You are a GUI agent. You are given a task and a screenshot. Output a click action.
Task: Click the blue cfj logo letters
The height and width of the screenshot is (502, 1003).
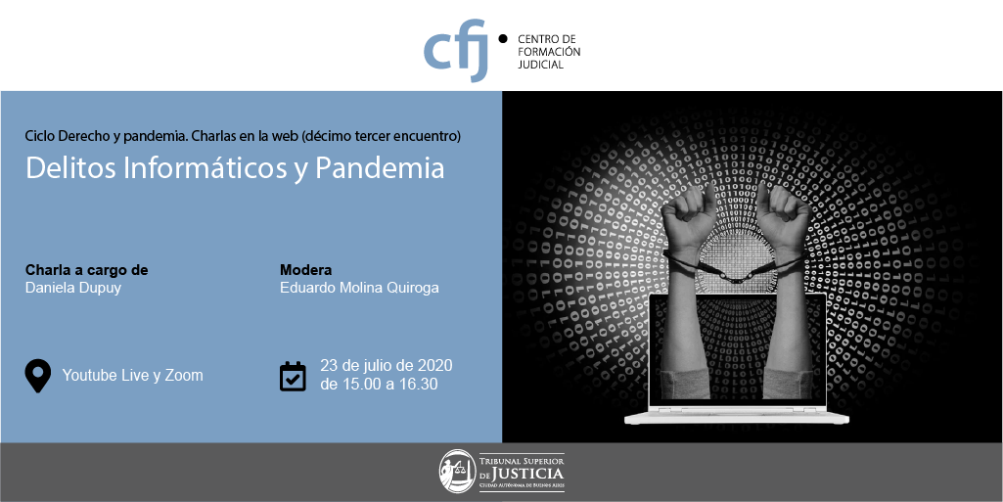(455, 51)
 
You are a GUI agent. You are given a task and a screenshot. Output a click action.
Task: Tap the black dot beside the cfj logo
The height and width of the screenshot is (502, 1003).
(503, 38)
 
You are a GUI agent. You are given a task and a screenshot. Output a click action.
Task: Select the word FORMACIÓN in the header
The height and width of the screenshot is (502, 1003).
(549, 52)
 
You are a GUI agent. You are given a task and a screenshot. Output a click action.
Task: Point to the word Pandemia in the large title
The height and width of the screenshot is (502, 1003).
(380, 167)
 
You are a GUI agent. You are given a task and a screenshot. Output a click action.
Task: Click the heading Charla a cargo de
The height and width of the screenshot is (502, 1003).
(86, 270)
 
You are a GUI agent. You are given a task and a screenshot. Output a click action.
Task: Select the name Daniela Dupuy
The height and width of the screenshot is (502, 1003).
(73, 288)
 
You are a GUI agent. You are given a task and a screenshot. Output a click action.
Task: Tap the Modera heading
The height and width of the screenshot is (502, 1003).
(305, 270)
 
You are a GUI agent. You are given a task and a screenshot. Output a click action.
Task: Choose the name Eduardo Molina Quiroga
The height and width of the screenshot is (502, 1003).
(359, 288)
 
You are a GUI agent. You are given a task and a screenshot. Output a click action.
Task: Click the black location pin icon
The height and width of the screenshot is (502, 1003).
(38, 375)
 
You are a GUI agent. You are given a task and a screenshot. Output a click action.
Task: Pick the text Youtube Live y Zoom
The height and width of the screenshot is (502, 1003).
(132, 376)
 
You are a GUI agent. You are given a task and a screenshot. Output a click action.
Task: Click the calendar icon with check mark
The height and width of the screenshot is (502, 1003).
(293, 376)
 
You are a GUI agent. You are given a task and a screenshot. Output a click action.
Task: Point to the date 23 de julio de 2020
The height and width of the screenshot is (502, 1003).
(387, 366)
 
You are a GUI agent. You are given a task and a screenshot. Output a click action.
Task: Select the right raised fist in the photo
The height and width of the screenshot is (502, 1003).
(783, 217)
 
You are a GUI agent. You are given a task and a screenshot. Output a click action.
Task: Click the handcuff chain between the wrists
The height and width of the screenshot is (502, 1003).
(734, 276)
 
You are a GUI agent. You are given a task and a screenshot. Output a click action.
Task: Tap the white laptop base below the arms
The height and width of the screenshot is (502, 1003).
(736, 417)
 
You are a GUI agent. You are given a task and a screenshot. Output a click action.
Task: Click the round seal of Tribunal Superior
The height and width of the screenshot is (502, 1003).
(457, 472)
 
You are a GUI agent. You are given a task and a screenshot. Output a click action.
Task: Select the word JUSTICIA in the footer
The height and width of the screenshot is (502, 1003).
(529, 474)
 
